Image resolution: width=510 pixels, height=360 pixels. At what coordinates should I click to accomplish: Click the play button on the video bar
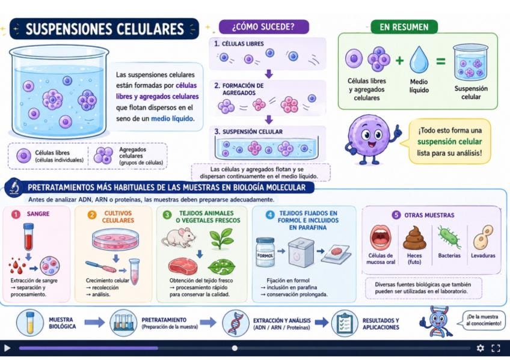pyautogui.click(x=7, y=349)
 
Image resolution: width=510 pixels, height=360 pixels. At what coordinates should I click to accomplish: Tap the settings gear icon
pyautogui.click(x=480, y=349)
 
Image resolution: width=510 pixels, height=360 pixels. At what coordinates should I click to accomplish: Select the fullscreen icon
pyautogui.click(x=496, y=349)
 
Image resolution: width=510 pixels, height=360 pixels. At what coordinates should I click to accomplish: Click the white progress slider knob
pyautogui.click(x=235, y=349)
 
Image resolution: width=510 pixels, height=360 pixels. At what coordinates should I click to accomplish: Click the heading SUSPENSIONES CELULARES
pyautogui.click(x=105, y=29)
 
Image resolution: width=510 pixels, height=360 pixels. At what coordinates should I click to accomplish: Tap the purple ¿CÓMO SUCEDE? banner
pyautogui.click(x=263, y=26)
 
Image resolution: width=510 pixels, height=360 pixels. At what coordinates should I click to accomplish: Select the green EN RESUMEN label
pyautogui.click(x=404, y=27)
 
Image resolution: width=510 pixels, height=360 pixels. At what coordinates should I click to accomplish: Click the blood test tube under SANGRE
pyautogui.click(x=29, y=237)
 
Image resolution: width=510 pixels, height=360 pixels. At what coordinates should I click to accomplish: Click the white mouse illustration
pyautogui.click(x=179, y=237)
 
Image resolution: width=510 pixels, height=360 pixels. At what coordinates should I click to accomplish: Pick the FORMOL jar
pyautogui.click(x=265, y=252)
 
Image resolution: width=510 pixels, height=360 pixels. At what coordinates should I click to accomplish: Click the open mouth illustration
pyautogui.click(x=381, y=237)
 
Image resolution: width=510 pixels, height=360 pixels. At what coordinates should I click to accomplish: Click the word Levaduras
pyautogui.click(x=483, y=255)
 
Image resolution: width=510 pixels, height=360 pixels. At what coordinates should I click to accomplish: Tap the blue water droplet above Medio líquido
pyautogui.click(x=419, y=59)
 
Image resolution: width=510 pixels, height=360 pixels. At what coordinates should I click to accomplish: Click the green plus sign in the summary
pyautogui.click(x=400, y=61)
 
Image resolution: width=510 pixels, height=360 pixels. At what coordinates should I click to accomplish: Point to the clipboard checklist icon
pyautogui.click(x=345, y=323)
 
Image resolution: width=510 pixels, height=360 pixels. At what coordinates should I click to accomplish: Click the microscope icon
pyautogui.click(x=14, y=188)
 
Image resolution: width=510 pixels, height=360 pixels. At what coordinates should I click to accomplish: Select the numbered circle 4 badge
pyautogui.click(x=270, y=215)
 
